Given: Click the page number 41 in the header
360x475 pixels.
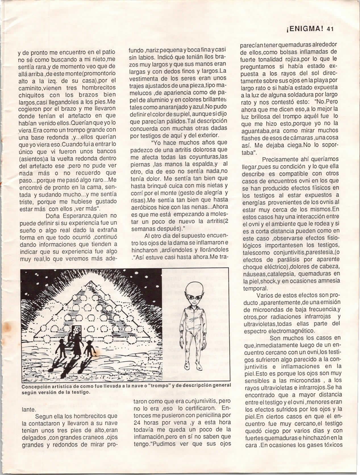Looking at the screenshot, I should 330,29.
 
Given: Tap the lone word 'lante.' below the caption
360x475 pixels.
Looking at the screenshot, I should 29,410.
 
